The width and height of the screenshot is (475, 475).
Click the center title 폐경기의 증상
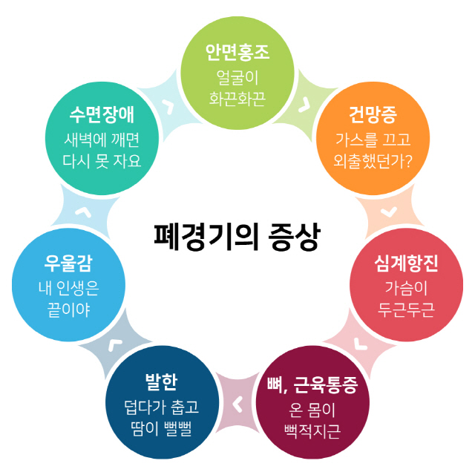click(237, 237)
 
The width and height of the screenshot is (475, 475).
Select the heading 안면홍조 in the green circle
click(237, 53)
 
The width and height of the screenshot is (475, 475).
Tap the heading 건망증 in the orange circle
click(373, 115)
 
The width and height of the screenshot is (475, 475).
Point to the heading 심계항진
click(406, 263)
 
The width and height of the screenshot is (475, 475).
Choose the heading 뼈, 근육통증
click(312, 385)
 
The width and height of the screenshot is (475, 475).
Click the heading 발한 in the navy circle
click(162, 381)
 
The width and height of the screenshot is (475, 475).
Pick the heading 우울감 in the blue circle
click(68, 263)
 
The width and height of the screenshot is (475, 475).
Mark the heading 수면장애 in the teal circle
click(102, 115)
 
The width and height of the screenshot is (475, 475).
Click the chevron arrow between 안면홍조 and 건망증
click(304, 105)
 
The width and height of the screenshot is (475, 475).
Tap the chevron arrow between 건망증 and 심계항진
click(389, 212)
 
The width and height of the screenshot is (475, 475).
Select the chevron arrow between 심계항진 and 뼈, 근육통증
click(360, 344)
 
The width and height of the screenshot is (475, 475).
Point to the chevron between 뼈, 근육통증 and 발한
click(237, 404)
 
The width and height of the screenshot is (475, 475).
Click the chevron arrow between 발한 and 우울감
click(115, 344)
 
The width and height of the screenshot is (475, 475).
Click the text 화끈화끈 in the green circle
click(237, 99)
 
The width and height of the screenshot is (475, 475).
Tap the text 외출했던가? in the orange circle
click(373, 161)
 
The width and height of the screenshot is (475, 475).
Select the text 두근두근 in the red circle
click(406, 310)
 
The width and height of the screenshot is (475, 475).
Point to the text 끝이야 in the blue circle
click(68, 310)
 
